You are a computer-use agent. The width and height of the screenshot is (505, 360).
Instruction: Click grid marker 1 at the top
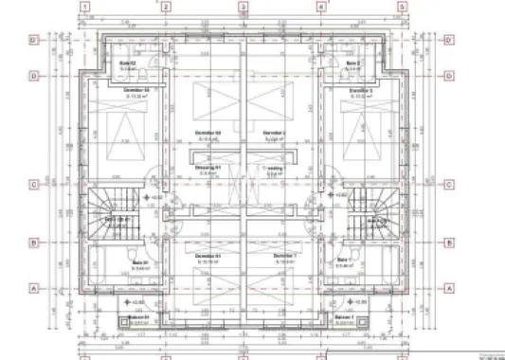click(x=86, y=6)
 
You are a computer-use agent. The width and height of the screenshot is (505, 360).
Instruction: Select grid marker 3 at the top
click(x=243, y=6)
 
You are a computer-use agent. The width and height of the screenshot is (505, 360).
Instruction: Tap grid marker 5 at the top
click(x=402, y=6)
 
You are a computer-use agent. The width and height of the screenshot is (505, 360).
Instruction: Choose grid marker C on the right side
click(x=450, y=186)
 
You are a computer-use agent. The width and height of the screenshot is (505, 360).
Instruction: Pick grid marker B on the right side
click(x=450, y=243)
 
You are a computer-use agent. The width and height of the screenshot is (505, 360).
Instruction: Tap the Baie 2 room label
click(x=352, y=63)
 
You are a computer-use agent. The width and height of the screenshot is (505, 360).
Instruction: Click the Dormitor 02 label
click(x=207, y=133)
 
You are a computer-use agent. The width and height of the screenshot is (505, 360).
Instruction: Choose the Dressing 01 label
click(x=207, y=169)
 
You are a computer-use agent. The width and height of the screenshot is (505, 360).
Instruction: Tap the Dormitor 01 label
click(x=207, y=256)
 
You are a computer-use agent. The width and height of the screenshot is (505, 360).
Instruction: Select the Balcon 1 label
click(x=346, y=316)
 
